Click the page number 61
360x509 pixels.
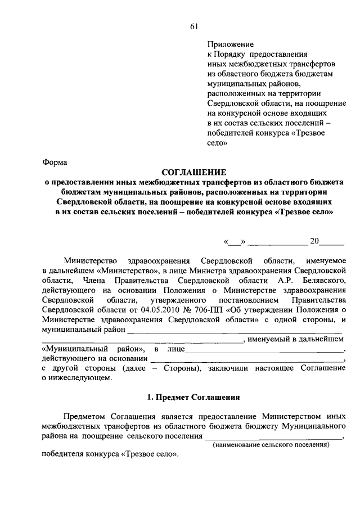[x=194, y=26]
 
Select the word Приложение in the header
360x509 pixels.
[x=231, y=44]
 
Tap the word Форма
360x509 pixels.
[x=55, y=163]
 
